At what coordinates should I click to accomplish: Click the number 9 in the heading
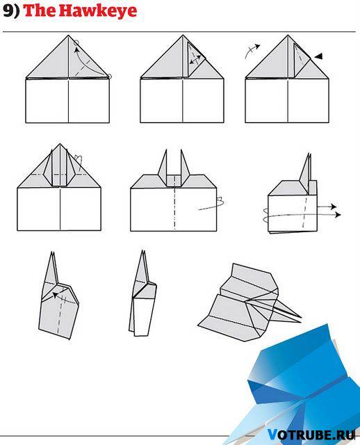(8, 11)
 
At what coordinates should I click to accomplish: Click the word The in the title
(40, 11)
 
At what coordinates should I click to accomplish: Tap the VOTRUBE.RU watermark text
(311, 435)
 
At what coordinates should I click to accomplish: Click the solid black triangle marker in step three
(318, 56)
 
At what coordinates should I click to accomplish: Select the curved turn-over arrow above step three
(252, 51)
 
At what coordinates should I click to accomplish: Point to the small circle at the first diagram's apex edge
(76, 43)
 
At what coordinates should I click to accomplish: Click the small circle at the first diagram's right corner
(110, 76)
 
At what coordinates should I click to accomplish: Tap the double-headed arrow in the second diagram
(195, 60)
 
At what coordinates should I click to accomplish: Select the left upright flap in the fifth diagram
(163, 167)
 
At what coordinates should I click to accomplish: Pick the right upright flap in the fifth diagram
(185, 167)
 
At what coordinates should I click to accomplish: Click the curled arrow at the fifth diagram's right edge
(215, 204)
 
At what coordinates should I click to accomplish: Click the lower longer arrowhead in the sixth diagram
(338, 215)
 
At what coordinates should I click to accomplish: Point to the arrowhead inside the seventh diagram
(55, 295)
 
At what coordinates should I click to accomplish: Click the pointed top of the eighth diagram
(142, 251)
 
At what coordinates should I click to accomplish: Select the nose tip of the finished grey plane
(300, 317)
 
